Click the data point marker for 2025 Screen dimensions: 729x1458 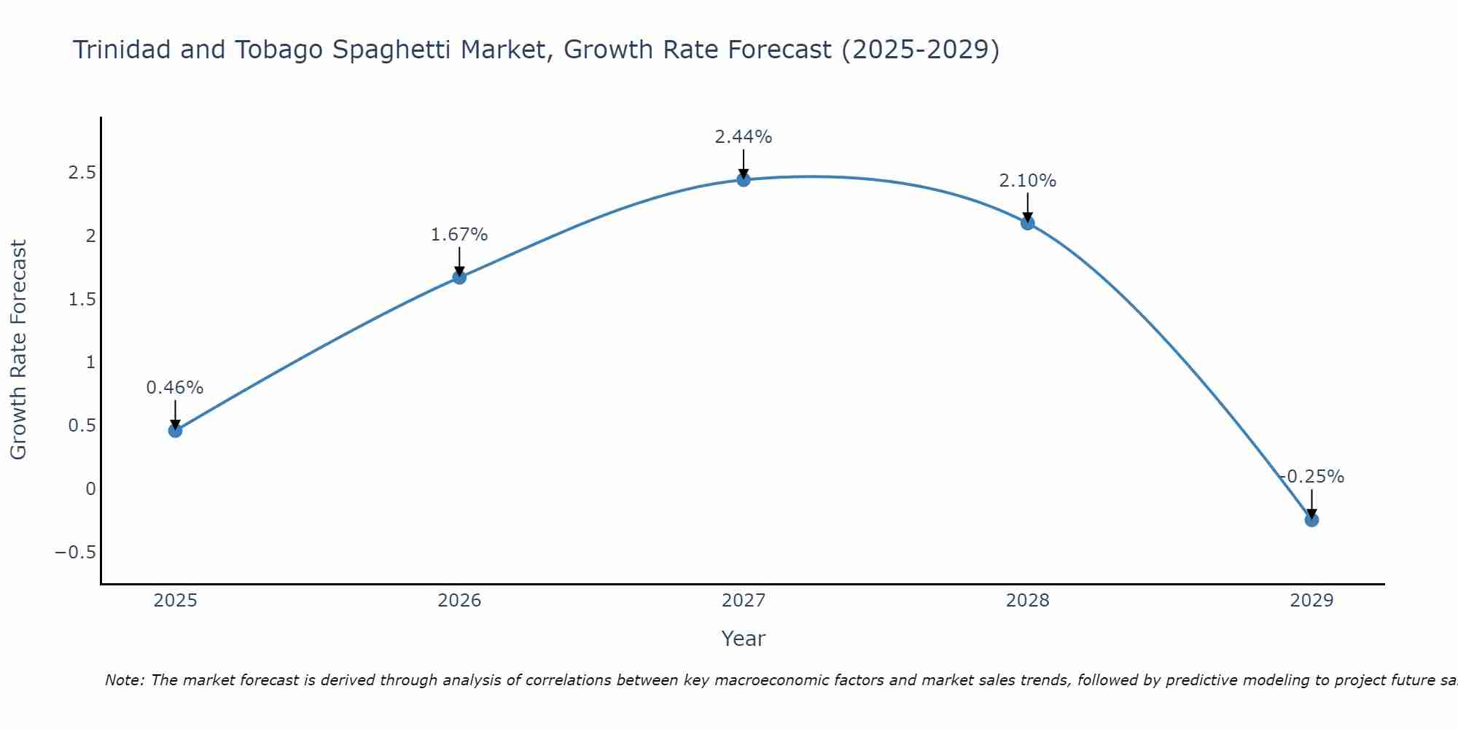(175, 431)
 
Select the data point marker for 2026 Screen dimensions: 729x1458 (459, 277)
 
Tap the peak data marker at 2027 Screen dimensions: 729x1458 (744, 179)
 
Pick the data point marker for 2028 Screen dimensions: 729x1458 (1028, 223)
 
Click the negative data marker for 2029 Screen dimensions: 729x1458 (1311, 520)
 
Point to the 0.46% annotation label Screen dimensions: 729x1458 (175, 388)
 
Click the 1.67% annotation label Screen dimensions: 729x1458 (459, 235)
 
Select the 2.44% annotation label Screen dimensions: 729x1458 (744, 137)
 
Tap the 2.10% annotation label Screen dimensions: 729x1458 (1028, 181)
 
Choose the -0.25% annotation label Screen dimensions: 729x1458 (1311, 477)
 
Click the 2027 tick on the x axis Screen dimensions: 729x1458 (744, 601)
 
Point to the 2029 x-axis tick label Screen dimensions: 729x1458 (1311, 601)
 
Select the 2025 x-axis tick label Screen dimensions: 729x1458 (175, 601)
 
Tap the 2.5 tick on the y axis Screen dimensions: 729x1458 (82, 173)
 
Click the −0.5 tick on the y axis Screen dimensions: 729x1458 (75, 553)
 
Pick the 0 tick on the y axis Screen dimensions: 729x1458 (90, 489)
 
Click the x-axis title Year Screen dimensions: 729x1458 (744, 639)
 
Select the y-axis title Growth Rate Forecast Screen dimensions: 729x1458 (18, 350)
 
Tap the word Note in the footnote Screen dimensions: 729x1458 (123, 680)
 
